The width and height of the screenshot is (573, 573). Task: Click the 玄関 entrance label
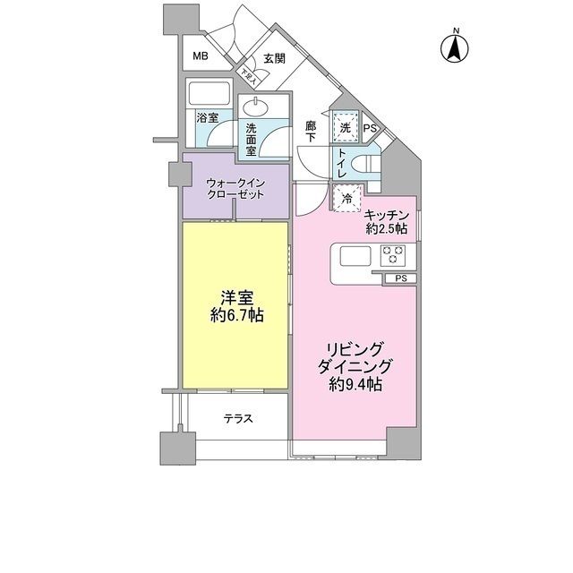point(274,59)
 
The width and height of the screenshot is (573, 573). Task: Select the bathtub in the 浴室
point(210,95)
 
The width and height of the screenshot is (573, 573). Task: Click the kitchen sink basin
point(355,256)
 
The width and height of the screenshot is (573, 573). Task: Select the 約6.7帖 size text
point(236,317)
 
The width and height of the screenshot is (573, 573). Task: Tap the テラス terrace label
point(238,418)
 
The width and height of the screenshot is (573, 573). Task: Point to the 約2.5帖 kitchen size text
point(387,229)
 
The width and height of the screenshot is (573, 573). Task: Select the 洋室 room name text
point(235,297)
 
